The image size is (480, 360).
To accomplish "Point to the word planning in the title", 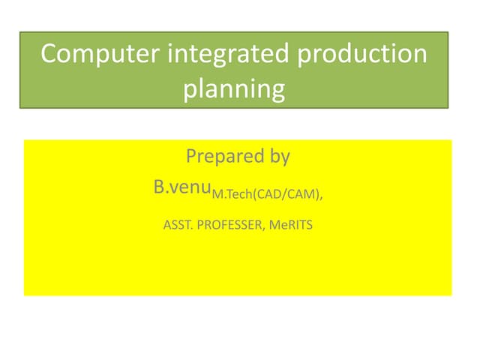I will pos(234,89).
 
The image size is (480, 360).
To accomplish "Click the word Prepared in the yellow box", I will pos(220,157).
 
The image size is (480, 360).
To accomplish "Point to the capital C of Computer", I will pos(49,55).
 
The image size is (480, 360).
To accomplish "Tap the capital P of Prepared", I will pos(190,157).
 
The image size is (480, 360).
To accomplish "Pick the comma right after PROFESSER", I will pos(264,226).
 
